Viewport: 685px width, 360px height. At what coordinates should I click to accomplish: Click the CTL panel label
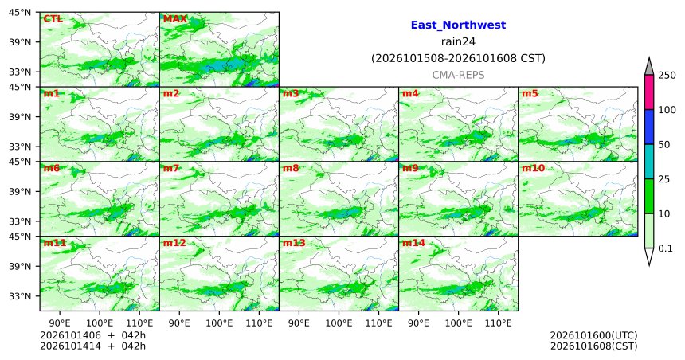pyautogui.click(x=53, y=19)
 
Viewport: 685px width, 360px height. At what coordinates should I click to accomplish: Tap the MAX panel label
pyautogui.click(x=174, y=19)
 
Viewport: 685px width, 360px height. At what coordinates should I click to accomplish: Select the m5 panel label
pyautogui.click(x=530, y=93)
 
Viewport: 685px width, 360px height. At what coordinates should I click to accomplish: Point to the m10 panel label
pyautogui.click(x=533, y=168)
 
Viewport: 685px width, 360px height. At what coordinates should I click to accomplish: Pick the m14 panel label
pyautogui.click(x=413, y=243)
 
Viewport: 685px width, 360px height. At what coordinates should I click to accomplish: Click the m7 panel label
pyautogui.click(x=171, y=168)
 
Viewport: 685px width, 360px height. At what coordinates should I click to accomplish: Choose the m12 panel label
pyautogui.click(x=174, y=243)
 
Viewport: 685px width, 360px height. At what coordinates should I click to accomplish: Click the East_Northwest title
pyautogui.click(x=458, y=25)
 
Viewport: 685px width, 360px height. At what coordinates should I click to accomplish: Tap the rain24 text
pyautogui.click(x=458, y=42)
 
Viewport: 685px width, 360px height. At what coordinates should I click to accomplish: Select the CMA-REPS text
pyautogui.click(x=458, y=75)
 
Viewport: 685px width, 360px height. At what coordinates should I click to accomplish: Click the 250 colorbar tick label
pyautogui.click(x=667, y=75)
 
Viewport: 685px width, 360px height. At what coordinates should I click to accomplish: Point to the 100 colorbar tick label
pyautogui.click(x=667, y=110)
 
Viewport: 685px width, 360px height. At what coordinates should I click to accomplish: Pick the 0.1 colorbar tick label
pyautogui.click(x=665, y=248)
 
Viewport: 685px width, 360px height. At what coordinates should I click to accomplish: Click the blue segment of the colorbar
pyautogui.click(x=649, y=127)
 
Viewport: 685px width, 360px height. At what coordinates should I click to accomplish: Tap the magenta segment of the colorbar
pyautogui.click(x=649, y=92)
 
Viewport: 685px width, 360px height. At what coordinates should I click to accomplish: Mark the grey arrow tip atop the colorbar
pyautogui.click(x=649, y=58)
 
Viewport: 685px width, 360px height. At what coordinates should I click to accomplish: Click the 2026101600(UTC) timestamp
pyautogui.click(x=593, y=335)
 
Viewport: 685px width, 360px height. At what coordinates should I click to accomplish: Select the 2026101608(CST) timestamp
pyautogui.click(x=593, y=346)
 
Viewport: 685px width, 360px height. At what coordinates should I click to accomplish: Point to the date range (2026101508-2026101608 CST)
pyautogui.click(x=458, y=59)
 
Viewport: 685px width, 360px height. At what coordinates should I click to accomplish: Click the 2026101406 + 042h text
pyautogui.click(x=92, y=335)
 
